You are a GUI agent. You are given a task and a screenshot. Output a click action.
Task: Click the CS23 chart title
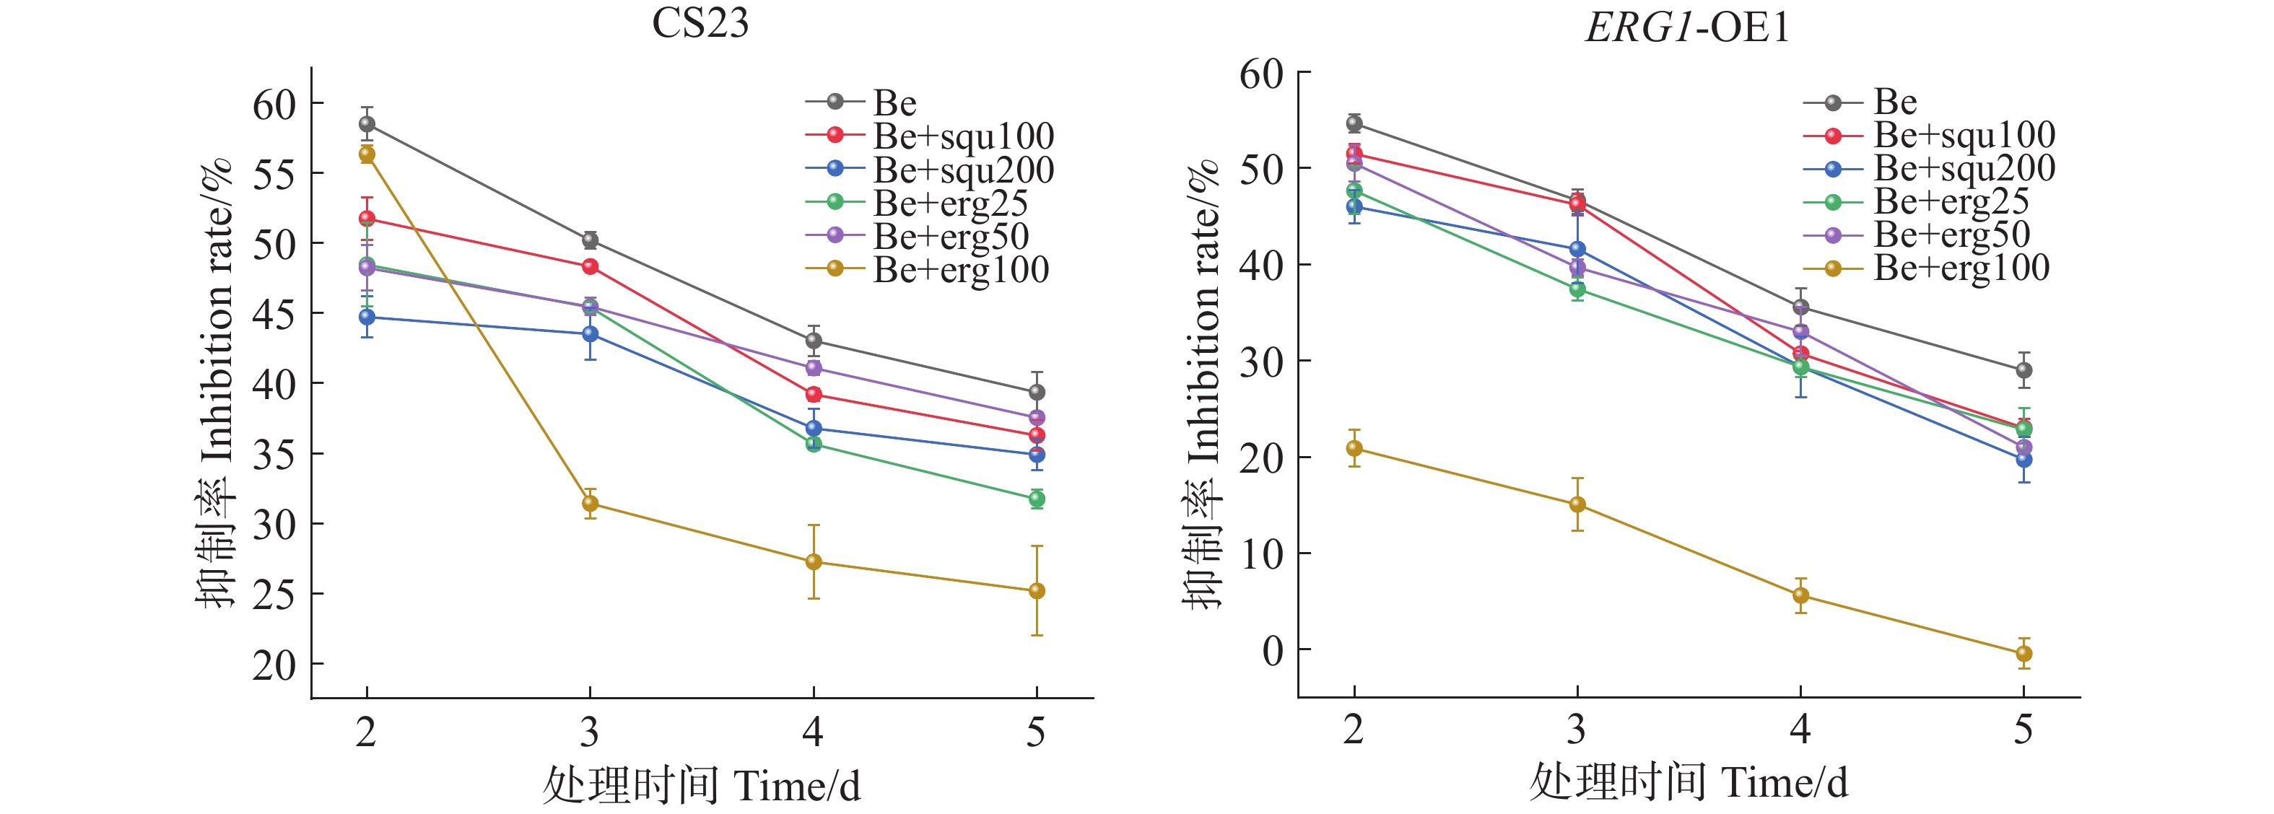pos(700,23)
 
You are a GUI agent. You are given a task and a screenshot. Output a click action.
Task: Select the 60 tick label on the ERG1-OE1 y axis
pos(1261,74)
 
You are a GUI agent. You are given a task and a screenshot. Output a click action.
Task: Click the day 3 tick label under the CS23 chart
pos(590,732)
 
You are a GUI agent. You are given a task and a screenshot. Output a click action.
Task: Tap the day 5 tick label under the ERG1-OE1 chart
pos(2024,730)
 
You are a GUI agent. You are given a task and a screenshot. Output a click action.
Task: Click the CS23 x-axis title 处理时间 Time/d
pos(701,785)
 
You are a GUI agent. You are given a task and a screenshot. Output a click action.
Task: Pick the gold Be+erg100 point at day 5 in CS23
pos(1037,590)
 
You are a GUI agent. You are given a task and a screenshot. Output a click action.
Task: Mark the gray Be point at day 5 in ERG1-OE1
pos(2024,370)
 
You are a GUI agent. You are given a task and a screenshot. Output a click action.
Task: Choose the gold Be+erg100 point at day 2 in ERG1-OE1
pos(1354,449)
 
